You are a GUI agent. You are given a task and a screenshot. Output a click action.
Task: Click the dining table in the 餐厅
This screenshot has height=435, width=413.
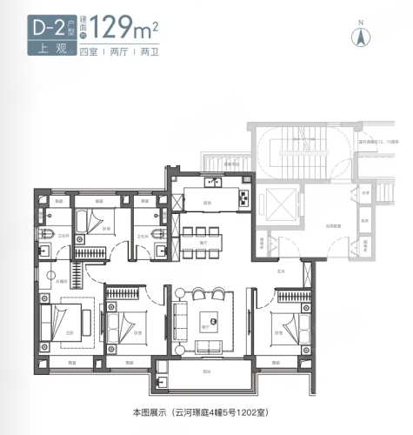pos(205,237)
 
